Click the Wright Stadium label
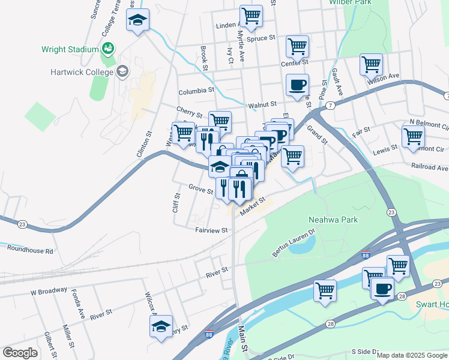pos(70,49)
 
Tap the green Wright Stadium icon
pos(108,48)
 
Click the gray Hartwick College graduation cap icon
pos(123,72)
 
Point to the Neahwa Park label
pos(333,220)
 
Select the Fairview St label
pos(211,230)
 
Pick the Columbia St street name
pos(196,92)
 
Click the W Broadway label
pos(49,292)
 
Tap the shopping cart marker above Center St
pos(297,45)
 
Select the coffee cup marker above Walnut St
pos(297,85)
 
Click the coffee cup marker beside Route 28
pos(382,289)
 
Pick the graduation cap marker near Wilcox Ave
pos(161,326)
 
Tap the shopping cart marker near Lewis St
pos(413,136)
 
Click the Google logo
pos(20,353)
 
